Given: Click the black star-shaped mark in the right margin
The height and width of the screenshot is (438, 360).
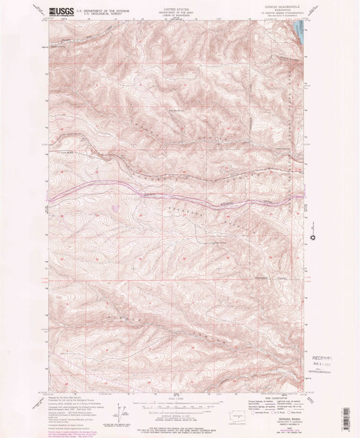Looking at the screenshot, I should coord(313,237).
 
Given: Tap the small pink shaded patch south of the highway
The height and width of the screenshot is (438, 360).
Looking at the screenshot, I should coord(117,208).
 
